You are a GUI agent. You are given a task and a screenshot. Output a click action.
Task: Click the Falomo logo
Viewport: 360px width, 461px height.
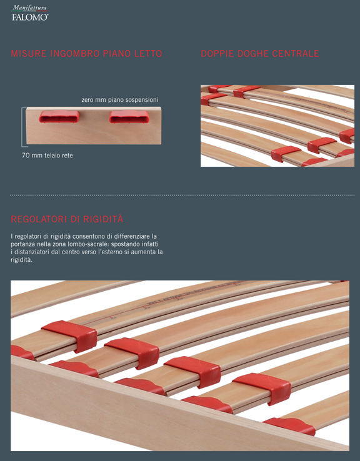tap(30, 13)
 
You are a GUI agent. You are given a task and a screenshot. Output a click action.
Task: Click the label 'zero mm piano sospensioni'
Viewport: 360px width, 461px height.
tap(120, 100)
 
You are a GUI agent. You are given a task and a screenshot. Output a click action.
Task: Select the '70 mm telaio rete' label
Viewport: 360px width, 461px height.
tap(47, 156)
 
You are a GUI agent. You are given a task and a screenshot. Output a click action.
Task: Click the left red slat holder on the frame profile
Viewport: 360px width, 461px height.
tap(59, 117)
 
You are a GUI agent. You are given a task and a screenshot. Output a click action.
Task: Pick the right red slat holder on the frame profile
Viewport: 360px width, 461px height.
tap(129, 117)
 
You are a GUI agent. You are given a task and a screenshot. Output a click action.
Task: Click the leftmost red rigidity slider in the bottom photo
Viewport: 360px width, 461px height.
tap(70, 335)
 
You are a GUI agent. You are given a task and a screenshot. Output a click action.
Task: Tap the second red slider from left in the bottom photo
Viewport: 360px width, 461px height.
tap(132, 352)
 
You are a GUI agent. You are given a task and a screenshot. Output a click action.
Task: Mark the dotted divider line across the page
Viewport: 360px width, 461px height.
tap(182, 195)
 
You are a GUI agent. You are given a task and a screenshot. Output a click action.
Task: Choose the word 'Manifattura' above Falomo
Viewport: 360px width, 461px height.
tap(29, 7)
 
